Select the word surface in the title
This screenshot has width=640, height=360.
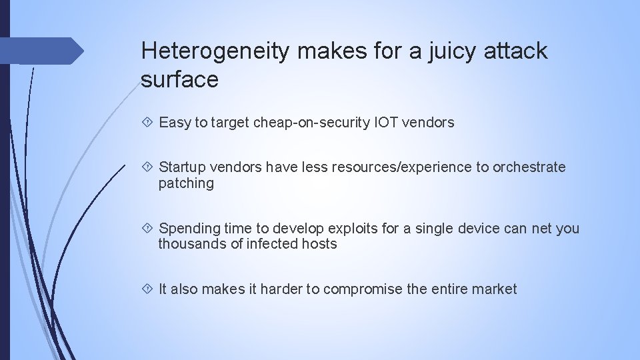click(x=180, y=79)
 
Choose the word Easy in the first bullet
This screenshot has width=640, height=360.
click(x=175, y=123)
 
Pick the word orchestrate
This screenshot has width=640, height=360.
click(x=529, y=167)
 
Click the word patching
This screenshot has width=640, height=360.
click(x=186, y=183)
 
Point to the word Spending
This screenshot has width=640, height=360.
click(x=190, y=229)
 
